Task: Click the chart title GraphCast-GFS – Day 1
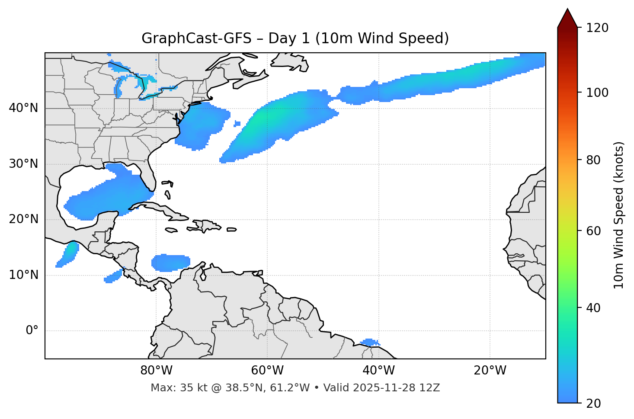pyautogui.click(x=295, y=38)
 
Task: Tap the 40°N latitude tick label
pyautogui.click(x=23, y=108)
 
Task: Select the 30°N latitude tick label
pyautogui.click(x=23, y=164)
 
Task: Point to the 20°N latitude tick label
pyautogui.click(x=23, y=219)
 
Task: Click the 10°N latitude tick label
pyautogui.click(x=23, y=275)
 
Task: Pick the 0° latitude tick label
pyautogui.click(x=32, y=331)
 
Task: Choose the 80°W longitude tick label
pyautogui.click(x=156, y=371)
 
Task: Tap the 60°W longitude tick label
pyautogui.click(x=267, y=371)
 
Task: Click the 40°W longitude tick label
pyautogui.click(x=378, y=371)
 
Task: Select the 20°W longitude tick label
pyautogui.click(x=490, y=371)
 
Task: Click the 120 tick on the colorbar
pyautogui.click(x=597, y=28)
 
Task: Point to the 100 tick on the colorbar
pyautogui.click(x=597, y=93)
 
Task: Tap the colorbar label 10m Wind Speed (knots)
pyautogui.click(x=619, y=215)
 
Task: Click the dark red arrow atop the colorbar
pyautogui.click(x=567, y=18)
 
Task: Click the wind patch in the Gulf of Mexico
pyautogui.click(x=108, y=195)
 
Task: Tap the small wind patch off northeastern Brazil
pyautogui.click(x=370, y=342)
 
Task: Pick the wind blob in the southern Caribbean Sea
pyautogui.click(x=170, y=262)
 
